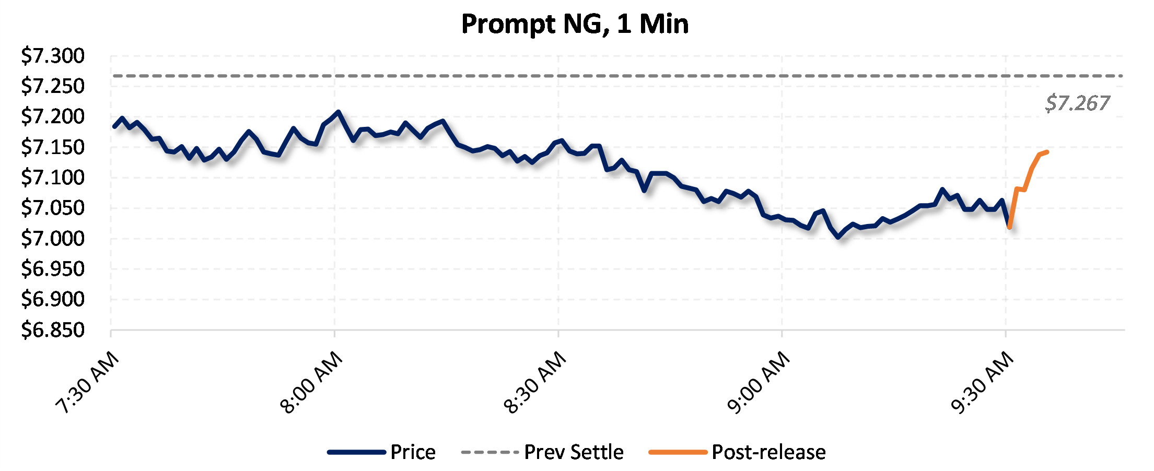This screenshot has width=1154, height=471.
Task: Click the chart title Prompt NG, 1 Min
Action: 575,24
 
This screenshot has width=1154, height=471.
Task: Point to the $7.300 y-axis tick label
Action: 52,55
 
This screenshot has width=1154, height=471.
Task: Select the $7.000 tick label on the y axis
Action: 52,238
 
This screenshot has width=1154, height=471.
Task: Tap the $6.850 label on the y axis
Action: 52,330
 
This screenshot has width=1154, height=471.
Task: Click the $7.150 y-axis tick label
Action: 52,147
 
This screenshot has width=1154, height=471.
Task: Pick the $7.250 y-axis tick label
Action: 52,86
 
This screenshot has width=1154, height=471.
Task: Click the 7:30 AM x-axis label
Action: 88,382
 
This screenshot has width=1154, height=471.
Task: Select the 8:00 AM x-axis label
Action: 311,382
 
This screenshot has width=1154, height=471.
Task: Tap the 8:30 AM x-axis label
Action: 535,382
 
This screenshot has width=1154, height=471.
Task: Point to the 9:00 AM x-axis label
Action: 759,382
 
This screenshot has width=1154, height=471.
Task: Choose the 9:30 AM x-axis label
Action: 982,382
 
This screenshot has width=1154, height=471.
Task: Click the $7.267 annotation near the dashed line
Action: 1077,103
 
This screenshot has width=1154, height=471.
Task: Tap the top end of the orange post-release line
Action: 1047,152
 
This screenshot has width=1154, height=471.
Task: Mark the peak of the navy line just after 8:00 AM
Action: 339,111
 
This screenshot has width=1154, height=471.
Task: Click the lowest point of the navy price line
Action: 838,238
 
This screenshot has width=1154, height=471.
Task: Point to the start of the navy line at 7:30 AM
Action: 114,126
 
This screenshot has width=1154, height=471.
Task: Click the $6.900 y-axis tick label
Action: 52,299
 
